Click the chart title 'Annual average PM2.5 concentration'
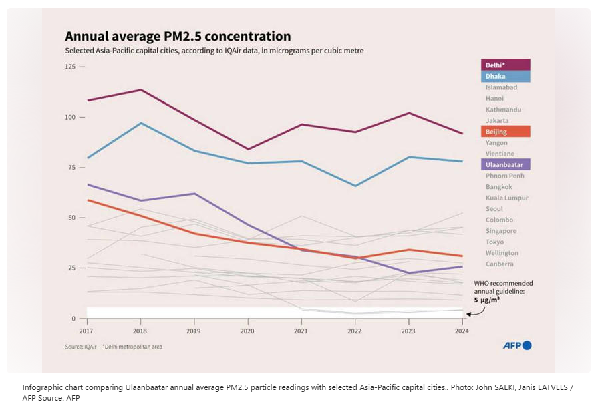point(177,36)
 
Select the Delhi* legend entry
point(505,65)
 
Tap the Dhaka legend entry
point(505,76)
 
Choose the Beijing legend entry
point(505,132)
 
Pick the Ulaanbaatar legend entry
point(505,164)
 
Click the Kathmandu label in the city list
point(503,110)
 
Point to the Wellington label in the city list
point(502,253)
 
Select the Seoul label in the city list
point(494,209)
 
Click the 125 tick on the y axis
point(69,67)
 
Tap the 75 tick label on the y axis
point(71,167)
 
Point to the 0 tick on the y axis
point(73,319)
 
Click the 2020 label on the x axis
point(247,331)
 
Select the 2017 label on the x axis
point(86,331)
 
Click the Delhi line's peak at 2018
point(140,89)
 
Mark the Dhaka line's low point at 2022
point(355,186)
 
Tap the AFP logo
point(517,345)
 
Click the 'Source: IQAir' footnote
point(78,347)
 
